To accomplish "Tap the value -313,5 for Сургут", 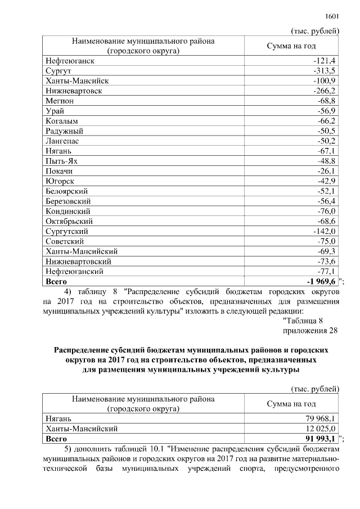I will point(325,70).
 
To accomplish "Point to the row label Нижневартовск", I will point(73,91).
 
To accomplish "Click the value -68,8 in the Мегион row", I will point(327,101).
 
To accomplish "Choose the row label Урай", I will point(55,111).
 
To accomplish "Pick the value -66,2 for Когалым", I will point(327,121).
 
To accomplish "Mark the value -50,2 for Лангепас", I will point(327,141).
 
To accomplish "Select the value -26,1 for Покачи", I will point(327,171).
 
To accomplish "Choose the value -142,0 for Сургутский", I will point(325,231).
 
